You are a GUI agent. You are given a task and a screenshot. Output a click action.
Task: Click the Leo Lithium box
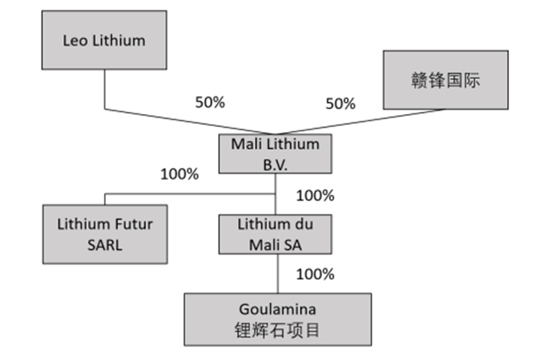[104, 40]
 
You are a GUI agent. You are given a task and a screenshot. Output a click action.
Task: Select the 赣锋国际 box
[446, 80]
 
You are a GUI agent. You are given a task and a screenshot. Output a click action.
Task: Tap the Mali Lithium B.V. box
[275, 153]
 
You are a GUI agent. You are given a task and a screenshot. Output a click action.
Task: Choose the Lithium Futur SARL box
[105, 233]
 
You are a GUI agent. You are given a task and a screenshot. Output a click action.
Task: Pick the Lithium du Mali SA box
[275, 234]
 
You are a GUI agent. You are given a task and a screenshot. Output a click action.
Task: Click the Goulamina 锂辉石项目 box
[278, 319]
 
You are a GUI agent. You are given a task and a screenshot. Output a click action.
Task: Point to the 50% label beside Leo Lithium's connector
[210, 102]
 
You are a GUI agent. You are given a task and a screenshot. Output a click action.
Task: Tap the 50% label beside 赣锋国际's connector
[340, 103]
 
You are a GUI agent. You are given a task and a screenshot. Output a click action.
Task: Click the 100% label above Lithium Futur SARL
[179, 174]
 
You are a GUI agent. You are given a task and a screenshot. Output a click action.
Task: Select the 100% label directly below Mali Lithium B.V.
[315, 194]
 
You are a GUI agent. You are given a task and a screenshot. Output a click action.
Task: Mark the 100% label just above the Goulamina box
[315, 273]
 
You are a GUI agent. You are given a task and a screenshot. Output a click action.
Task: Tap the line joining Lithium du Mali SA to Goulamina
[276, 273]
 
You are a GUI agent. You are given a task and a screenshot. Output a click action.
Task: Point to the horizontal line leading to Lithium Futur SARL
[186, 194]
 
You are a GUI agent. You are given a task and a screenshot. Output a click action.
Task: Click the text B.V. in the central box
[274, 162]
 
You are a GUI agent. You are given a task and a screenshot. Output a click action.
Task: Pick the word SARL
[105, 243]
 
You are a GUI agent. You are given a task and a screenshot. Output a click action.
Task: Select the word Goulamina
[278, 310]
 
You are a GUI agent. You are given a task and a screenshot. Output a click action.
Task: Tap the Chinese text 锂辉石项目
[278, 330]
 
